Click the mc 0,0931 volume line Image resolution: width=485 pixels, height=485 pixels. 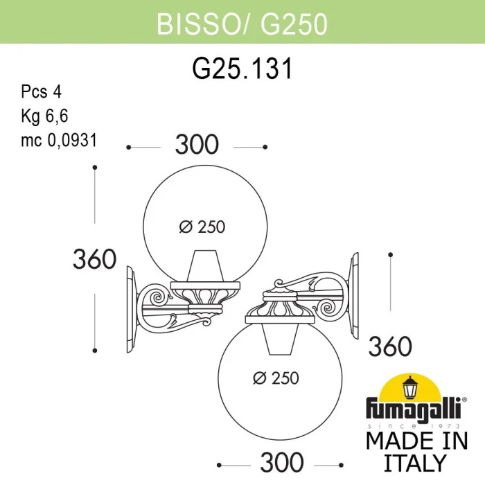click(x=58, y=140)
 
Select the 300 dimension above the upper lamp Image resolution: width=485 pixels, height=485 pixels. click(x=197, y=145)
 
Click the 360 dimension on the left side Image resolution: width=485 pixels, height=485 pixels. click(x=94, y=259)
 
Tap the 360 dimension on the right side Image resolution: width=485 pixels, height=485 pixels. click(x=391, y=346)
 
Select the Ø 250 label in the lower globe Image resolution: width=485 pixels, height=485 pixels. click(x=276, y=378)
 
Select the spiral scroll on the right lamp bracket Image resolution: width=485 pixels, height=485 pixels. click(x=326, y=305)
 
